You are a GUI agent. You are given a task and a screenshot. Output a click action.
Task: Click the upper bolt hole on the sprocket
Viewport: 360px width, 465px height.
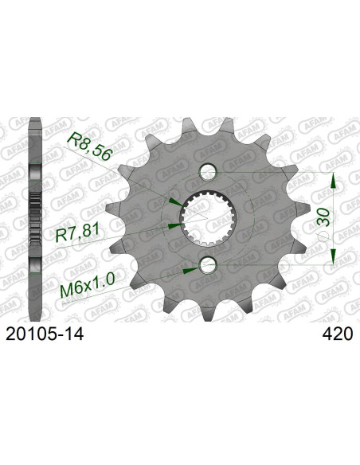click(x=209, y=170)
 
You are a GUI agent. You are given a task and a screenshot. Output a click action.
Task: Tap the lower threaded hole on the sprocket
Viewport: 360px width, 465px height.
click(x=209, y=264)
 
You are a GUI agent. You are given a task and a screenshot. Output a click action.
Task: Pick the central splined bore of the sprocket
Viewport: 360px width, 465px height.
click(x=209, y=217)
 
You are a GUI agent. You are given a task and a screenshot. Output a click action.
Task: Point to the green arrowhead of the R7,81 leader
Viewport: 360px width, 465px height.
click(x=176, y=225)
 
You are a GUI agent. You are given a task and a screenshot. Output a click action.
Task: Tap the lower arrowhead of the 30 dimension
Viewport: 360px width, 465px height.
click(x=334, y=257)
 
